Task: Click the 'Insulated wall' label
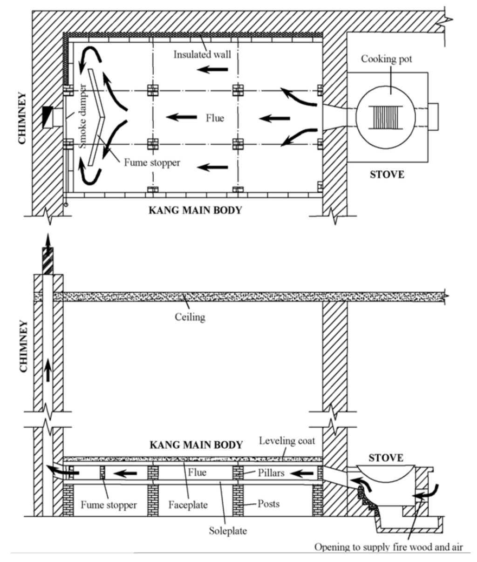(x=202, y=54)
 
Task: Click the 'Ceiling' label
(x=190, y=317)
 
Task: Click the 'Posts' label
(x=268, y=503)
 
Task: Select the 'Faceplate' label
(x=188, y=505)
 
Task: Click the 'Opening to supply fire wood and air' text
(x=389, y=547)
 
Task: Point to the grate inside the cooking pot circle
(x=385, y=117)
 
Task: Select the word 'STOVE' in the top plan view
(x=386, y=176)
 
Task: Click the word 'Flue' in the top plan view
(x=215, y=118)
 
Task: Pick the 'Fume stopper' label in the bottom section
(x=109, y=505)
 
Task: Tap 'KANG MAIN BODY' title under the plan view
(x=195, y=210)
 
